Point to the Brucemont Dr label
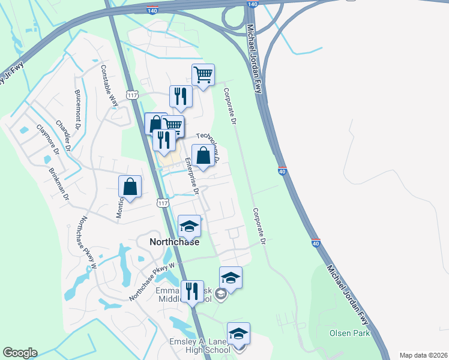77,109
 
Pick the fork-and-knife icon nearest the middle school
192,292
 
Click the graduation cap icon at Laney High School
238,334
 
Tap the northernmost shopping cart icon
203,75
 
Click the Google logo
20,353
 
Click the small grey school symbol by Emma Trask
221,293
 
